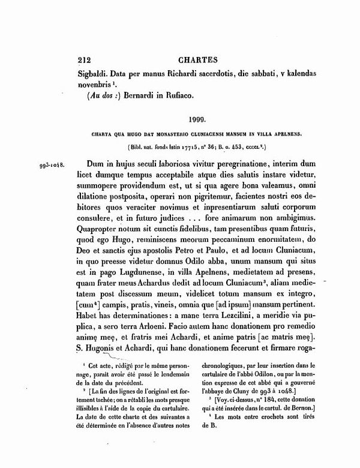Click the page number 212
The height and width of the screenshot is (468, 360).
click(x=88, y=61)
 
